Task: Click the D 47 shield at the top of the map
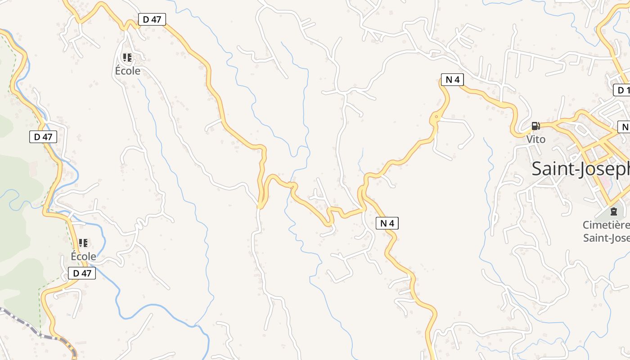click(152, 19)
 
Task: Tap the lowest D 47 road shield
click(82, 273)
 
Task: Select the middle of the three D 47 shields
click(43, 137)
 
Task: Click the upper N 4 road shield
click(452, 80)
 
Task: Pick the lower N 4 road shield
click(387, 223)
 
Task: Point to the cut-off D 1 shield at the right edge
click(622, 90)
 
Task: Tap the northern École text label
click(128, 71)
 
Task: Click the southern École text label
click(83, 256)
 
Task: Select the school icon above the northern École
click(127, 58)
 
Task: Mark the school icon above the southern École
click(83, 243)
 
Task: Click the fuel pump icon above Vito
click(535, 126)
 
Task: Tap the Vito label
click(536, 139)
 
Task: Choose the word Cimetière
click(606, 225)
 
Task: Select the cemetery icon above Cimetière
click(613, 211)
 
